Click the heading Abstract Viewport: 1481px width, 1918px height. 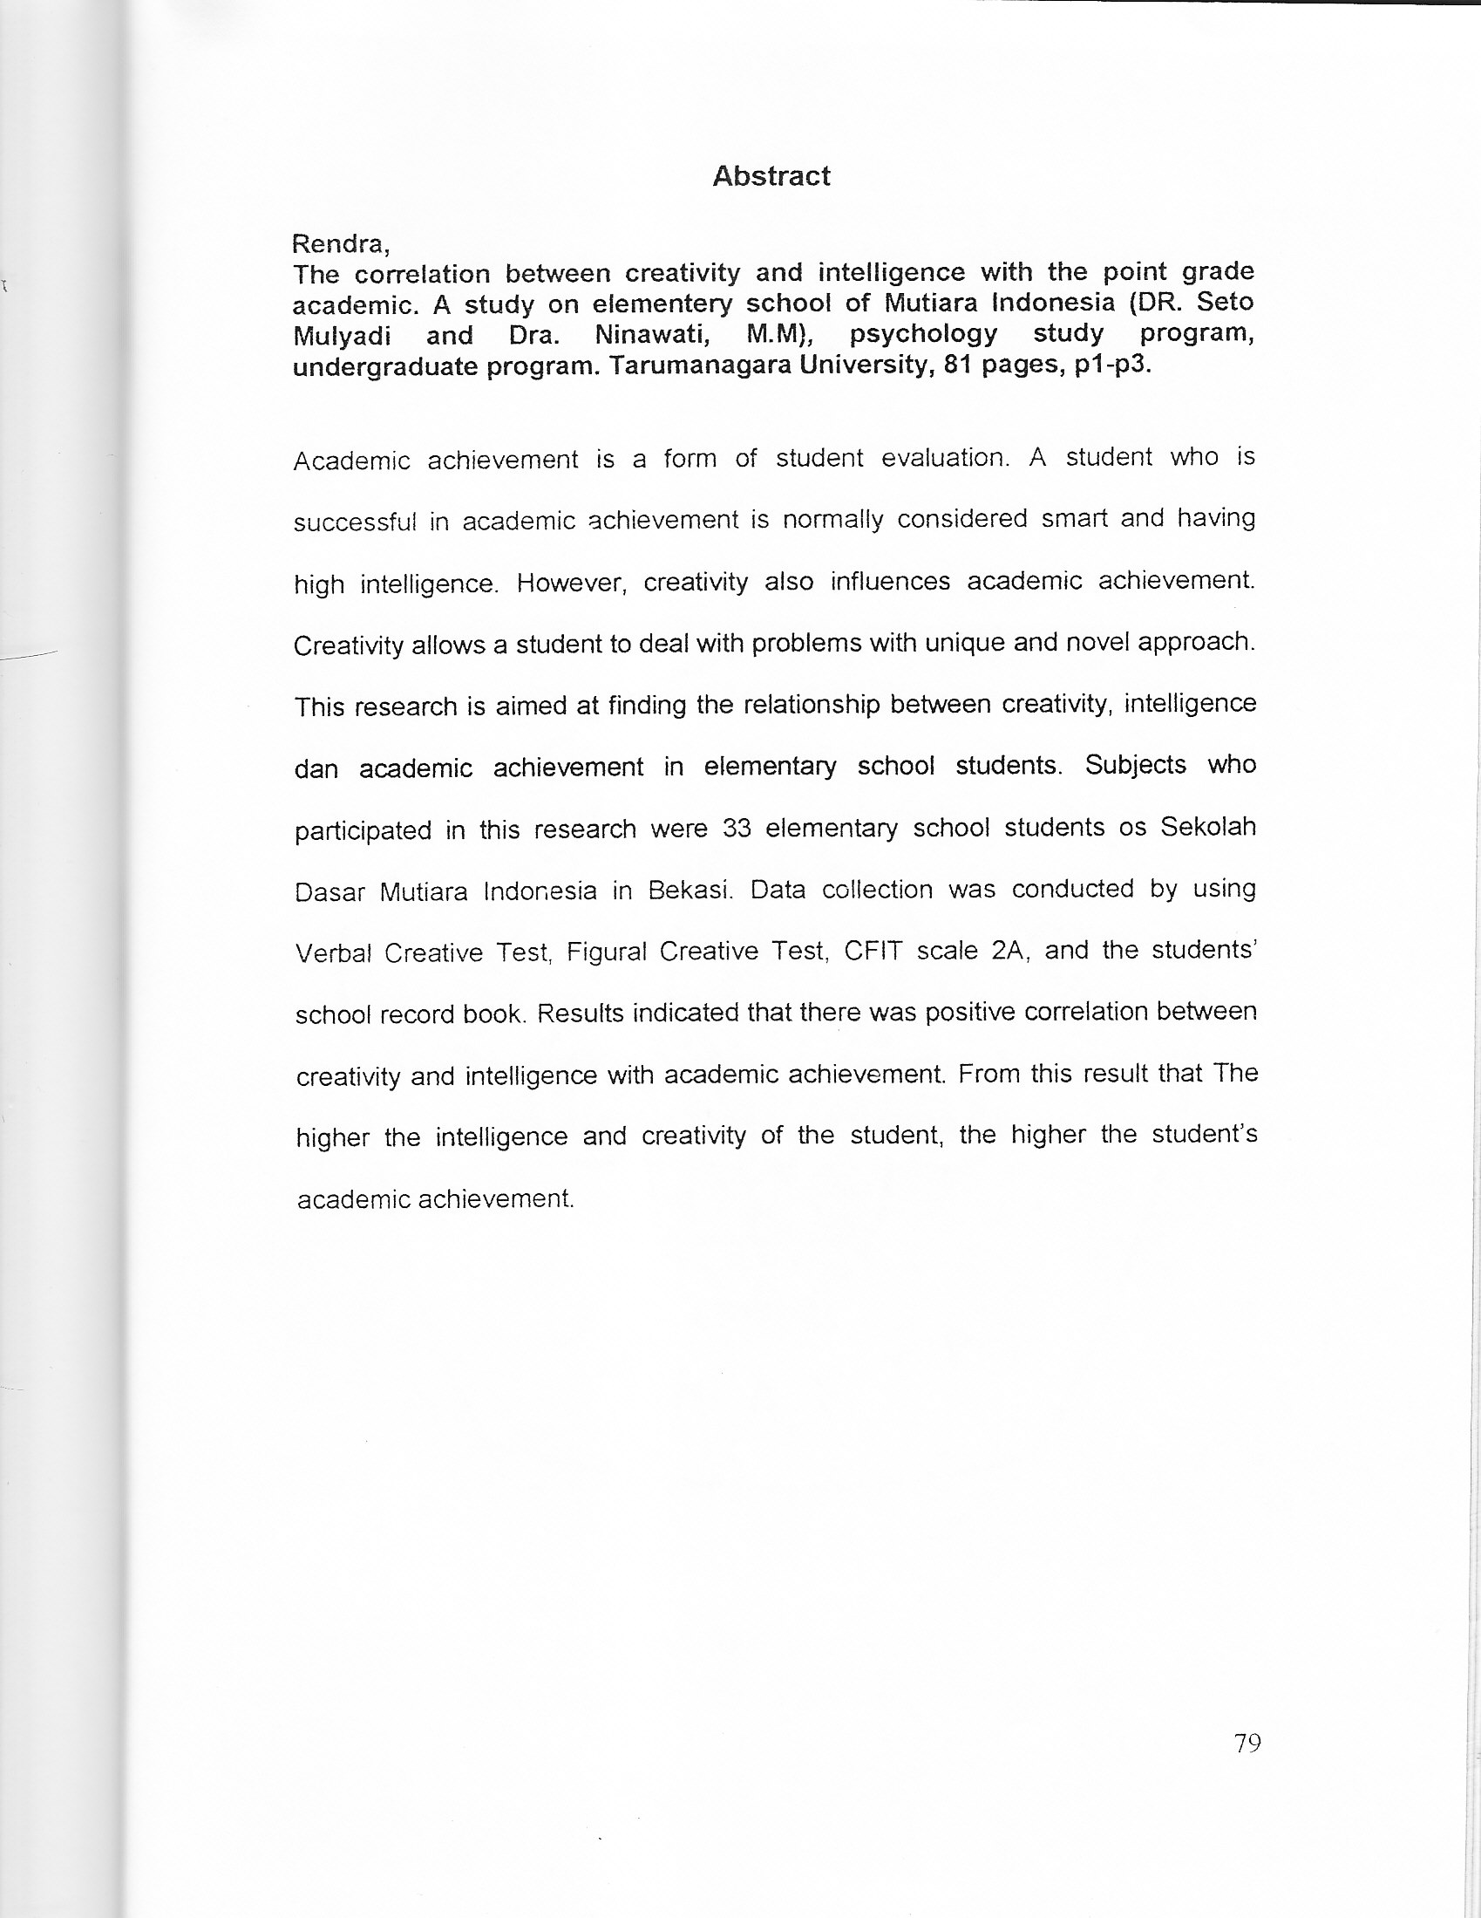click(x=771, y=176)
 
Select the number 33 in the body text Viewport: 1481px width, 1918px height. click(x=737, y=828)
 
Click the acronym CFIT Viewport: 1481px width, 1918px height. click(x=872, y=952)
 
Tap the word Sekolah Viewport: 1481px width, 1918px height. click(x=1208, y=827)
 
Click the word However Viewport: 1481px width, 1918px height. click(x=571, y=584)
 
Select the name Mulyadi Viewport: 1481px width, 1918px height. click(x=342, y=336)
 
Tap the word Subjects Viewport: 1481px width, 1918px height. click(x=1135, y=765)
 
